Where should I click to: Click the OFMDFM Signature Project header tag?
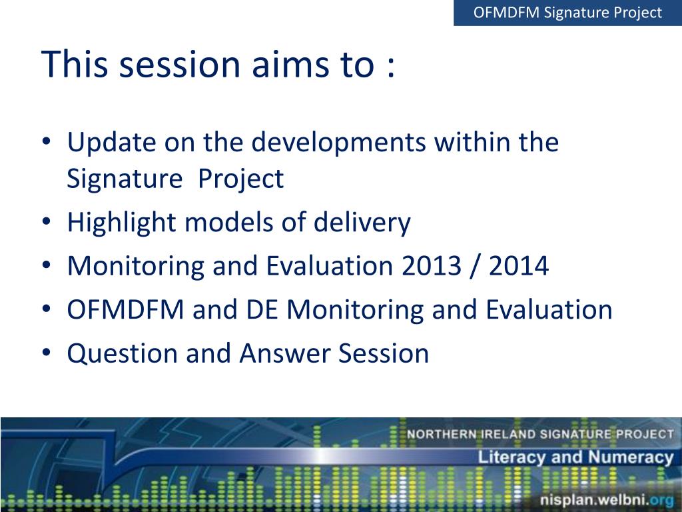tap(567, 13)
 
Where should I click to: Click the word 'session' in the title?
tap(180, 65)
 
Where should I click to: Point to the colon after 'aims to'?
tap(390, 67)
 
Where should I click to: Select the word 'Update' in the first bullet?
tap(111, 143)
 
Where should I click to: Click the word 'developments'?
tap(339, 143)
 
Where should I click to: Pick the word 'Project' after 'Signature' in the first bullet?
tap(240, 179)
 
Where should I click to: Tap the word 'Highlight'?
tap(122, 223)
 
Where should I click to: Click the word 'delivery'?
tap(362, 223)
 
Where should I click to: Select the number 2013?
tap(431, 266)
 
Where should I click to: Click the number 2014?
tap(518, 266)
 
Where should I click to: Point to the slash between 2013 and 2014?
tap(474, 267)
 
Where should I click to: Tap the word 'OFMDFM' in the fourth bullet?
tap(125, 309)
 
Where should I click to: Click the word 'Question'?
tap(123, 353)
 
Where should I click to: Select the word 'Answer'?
tap(285, 353)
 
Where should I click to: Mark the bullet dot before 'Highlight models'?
tap(47, 221)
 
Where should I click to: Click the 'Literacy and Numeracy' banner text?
tap(575, 457)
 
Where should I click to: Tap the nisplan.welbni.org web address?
tap(606, 499)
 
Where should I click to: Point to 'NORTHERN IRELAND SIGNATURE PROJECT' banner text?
tap(539, 434)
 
